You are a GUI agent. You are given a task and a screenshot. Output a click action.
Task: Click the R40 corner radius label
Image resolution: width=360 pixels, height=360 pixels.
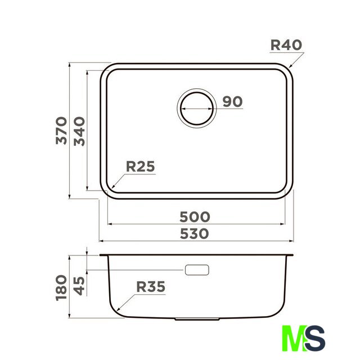tap(286, 45)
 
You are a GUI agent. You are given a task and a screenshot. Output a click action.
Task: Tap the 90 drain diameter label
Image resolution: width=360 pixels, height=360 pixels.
tap(232, 101)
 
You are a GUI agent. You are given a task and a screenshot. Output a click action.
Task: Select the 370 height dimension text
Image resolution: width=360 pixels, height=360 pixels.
tap(61, 130)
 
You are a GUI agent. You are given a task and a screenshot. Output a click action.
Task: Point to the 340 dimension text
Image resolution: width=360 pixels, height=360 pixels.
tap(79, 131)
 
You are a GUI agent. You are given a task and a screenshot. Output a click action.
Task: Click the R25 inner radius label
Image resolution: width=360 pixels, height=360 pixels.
tap(141, 166)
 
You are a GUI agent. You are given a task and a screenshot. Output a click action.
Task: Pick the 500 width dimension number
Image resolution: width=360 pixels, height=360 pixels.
tap(195, 217)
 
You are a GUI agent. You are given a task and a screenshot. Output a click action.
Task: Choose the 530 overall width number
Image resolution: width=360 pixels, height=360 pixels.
tap(194, 234)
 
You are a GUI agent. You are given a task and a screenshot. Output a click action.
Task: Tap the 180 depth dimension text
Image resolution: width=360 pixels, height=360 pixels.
tap(61, 287)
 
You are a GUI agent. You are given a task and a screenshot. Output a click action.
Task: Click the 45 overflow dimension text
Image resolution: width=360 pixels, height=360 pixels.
tap(79, 286)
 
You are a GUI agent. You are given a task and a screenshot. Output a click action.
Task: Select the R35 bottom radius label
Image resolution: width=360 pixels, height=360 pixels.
tap(151, 286)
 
